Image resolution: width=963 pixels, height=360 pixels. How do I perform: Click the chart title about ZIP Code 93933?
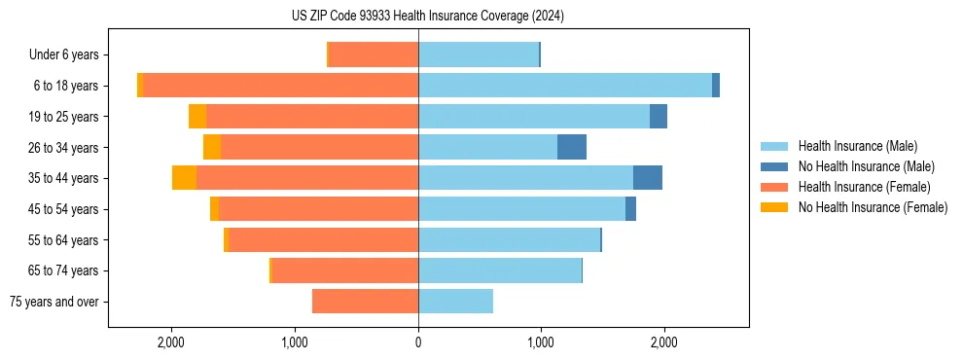click(427, 16)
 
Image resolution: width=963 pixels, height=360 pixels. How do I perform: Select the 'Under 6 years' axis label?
click(63, 55)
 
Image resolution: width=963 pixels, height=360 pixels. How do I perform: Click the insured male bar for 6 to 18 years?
click(564, 86)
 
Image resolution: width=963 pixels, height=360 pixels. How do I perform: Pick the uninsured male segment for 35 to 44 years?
click(648, 178)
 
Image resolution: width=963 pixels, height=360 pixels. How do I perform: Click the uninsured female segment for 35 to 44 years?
click(184, 178)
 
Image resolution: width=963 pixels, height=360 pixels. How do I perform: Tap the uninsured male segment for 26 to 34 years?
click(572, 147)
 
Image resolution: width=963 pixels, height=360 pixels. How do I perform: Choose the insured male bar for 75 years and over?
click(455, 302)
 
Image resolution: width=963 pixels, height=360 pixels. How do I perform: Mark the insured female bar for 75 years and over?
click(365, 302)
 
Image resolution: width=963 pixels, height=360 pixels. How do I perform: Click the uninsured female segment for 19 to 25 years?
click(197, 117)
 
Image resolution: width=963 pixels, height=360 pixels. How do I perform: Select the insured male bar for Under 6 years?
click(479, 55)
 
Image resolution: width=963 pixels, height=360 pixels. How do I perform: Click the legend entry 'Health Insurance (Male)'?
click(857, 146)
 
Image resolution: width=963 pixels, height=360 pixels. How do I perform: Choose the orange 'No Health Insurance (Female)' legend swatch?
click(776, 207)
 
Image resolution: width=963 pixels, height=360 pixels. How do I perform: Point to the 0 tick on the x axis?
click(418, 342)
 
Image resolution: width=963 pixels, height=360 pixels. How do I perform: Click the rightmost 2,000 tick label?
click(664, 342)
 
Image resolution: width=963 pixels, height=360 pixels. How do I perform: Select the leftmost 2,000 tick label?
click(171, 342)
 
